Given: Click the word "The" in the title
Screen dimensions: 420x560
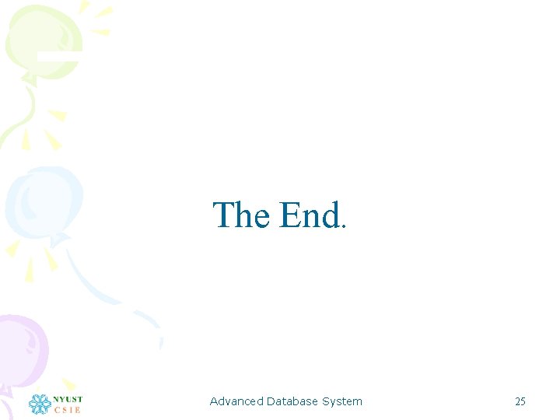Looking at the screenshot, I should [241, 215].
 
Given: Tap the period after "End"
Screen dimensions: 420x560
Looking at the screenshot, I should [342, 228].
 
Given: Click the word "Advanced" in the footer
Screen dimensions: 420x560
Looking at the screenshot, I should [236, 401].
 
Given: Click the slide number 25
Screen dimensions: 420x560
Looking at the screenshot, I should [520, 401].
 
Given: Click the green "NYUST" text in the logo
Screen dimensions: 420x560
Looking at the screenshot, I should [68, 400].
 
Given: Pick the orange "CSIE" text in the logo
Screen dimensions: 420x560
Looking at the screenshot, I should [68, 410].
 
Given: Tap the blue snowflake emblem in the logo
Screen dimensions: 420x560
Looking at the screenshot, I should [39, 404].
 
